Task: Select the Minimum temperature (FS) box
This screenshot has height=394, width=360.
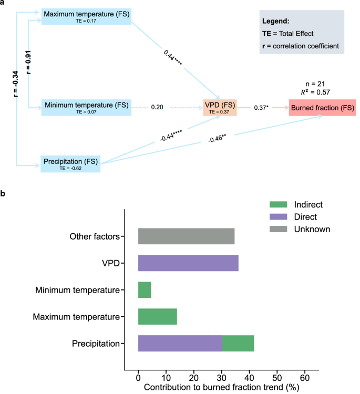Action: [86, 107]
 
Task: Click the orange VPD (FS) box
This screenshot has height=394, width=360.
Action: [220, 107]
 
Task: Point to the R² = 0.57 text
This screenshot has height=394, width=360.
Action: [321, 93]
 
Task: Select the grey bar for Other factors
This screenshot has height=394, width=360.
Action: [186, 236]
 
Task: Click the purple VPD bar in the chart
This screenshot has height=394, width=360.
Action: [188, 263]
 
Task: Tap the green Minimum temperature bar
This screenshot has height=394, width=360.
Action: [145, 290]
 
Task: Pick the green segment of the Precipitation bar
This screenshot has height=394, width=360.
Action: [238, 344]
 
